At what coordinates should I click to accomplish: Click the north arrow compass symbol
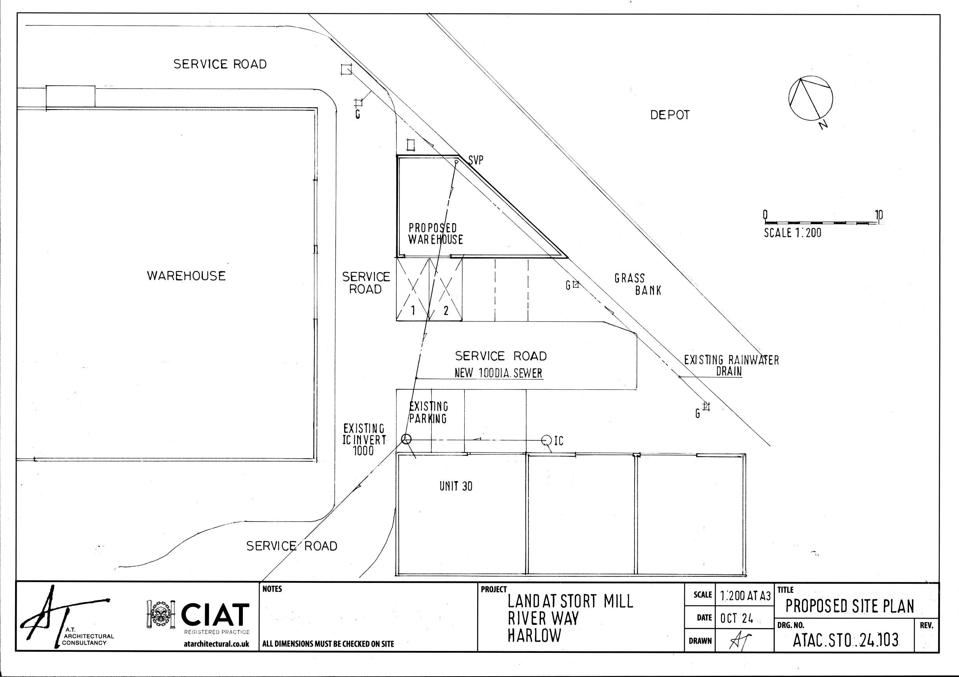(x=811, y=99)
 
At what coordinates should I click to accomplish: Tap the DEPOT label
(x=670, y=115)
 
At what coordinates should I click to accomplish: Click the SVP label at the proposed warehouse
(x=476, y=160)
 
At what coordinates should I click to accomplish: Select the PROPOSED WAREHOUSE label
(x=435, y=234)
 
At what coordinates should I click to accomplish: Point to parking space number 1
(x=413, y=310)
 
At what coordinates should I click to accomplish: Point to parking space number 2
(x=446, y=310)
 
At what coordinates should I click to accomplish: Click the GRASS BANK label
(x=637, y=284)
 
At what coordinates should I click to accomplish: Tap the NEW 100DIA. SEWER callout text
(x=498, y=373)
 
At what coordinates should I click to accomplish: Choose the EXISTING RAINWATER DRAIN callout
(x=731, y=365)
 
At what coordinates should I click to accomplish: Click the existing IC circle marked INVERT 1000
(x=406, y=439)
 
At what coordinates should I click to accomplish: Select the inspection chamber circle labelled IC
(x=546, y=440)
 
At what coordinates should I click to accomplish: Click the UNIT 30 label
(x=456, y=486)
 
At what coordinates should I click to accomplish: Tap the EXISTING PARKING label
(x=428, y=412)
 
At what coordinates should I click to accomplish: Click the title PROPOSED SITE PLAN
(x=849, y=606)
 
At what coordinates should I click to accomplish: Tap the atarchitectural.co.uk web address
(x=216, y=644)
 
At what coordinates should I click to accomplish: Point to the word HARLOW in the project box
(x=534, y=635)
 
